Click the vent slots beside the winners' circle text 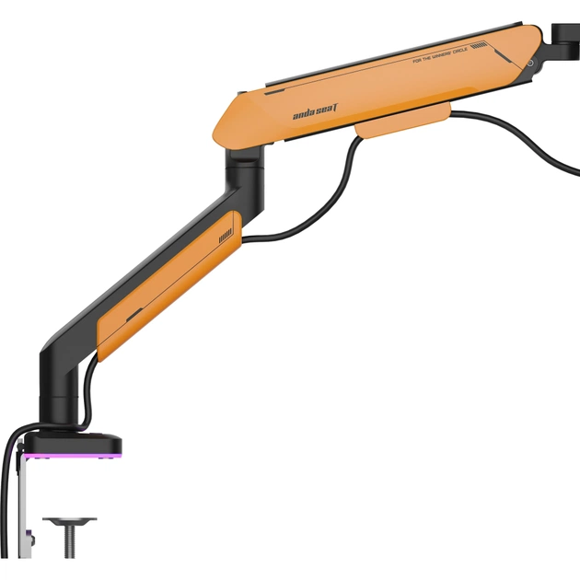click(x=479, y=46)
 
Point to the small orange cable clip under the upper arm click(x=403, y=123)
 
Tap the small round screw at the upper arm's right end click(x=529, y=63)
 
